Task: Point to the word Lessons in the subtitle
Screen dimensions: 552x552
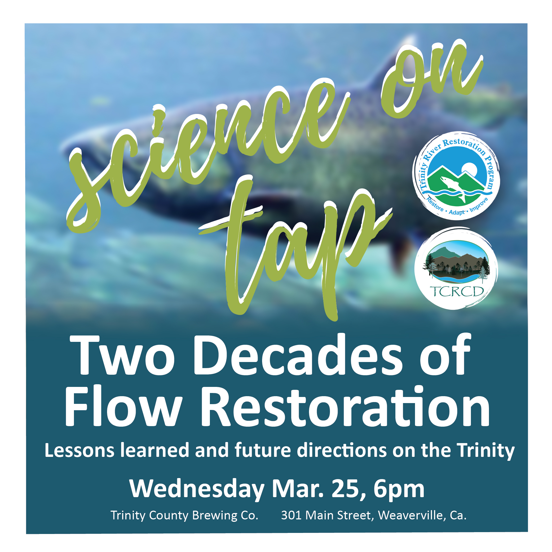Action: pos(80,451)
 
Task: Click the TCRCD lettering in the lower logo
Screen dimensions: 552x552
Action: pos(456,292)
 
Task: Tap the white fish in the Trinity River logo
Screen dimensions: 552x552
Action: pos(453,189)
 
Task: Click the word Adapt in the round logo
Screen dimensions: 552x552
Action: pos(457,213)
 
